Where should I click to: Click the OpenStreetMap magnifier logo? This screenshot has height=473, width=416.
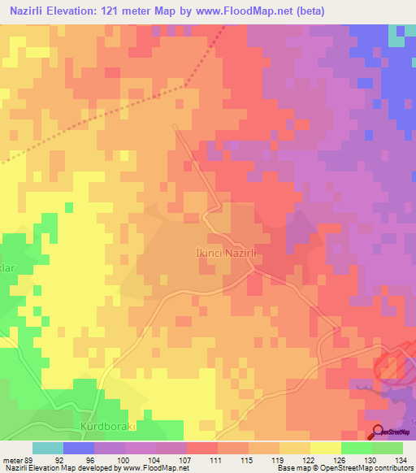(378, 432)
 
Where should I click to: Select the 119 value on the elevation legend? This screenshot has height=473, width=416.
(262, 459)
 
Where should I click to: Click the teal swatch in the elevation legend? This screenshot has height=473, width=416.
(48, 448)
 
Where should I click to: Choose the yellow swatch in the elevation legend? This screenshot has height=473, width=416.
(325, 448)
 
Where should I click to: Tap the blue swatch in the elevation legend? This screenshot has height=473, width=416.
(79, 448)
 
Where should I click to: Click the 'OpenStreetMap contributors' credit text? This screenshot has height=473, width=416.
(366, 468)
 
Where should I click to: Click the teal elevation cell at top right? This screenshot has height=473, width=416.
(396, 36)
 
